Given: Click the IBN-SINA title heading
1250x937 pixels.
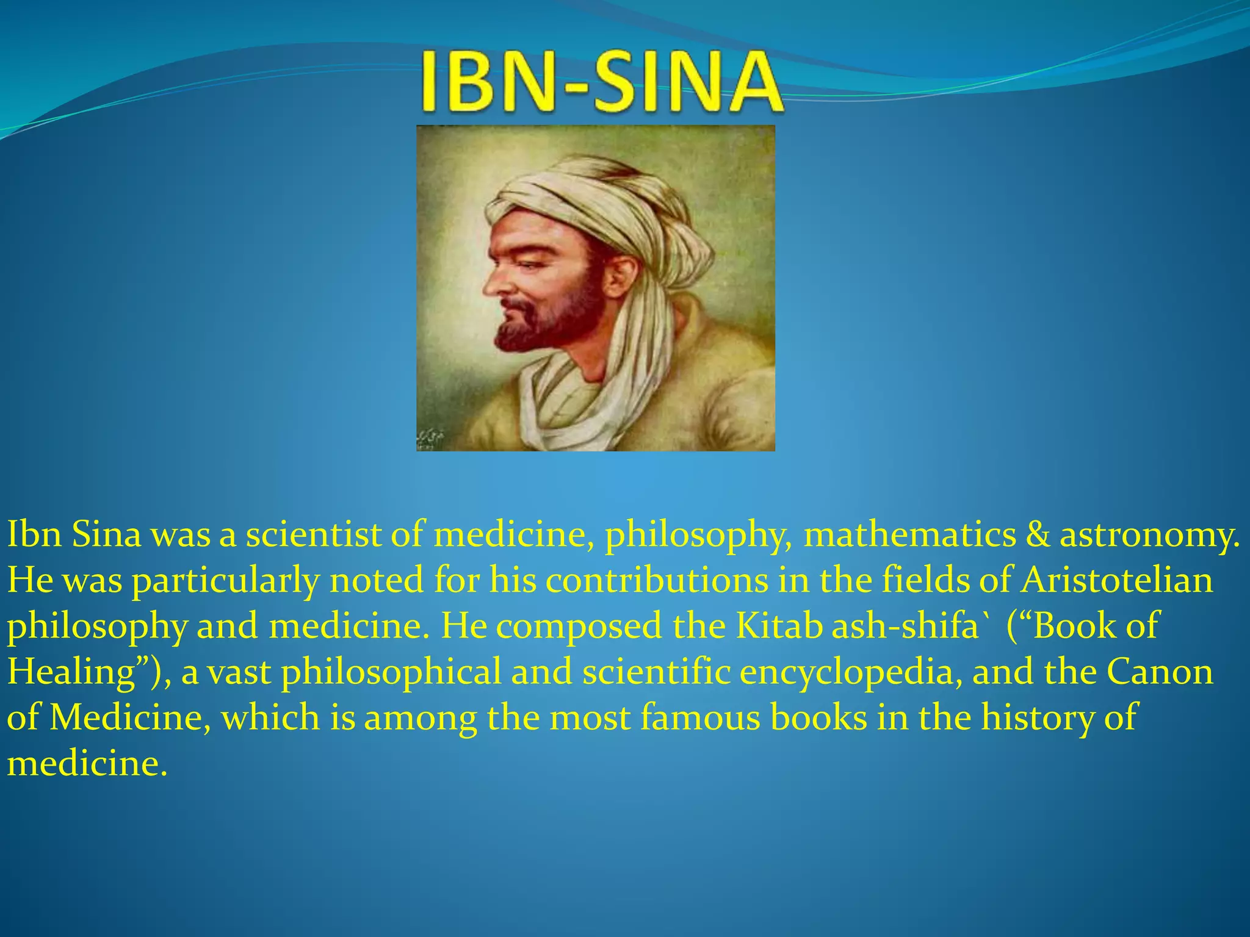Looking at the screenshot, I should pos(601,82).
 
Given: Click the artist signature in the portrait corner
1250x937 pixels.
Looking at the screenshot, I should pos(431,437).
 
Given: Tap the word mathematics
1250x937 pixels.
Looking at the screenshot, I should pos(909,534).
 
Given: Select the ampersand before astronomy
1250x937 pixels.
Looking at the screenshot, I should pos(1037,534).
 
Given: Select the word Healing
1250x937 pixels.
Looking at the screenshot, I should pos(72,672).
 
